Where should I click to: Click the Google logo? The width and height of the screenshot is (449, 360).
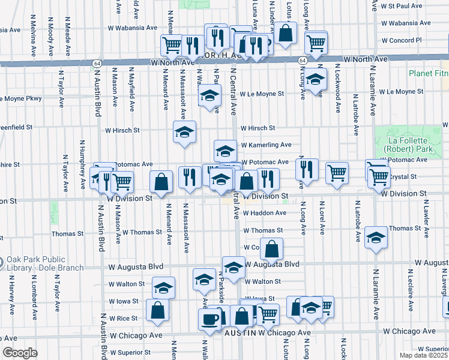tap(20, 353)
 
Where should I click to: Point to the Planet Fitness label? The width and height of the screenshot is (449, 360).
tap(428, 74)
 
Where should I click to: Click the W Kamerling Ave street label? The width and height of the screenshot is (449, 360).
tap(266, 145)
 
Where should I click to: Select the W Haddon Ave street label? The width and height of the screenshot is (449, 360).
tap(265, 213)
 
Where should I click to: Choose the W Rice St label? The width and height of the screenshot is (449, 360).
tap(122, 318)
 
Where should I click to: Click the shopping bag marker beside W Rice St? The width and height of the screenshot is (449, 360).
tap(157, 310)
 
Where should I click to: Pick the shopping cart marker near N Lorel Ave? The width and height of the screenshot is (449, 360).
tap(337, 173)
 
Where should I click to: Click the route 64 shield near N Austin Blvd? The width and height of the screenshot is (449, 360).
tap(96, 62)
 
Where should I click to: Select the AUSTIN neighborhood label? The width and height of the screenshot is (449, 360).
tap(240, 332)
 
